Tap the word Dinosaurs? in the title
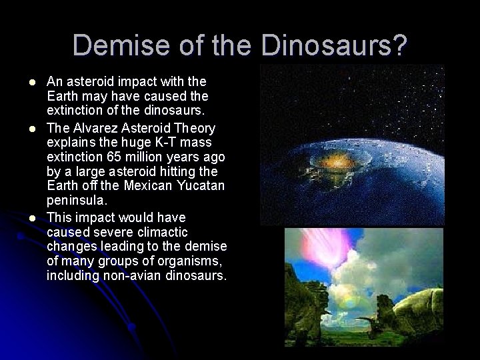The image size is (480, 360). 334,45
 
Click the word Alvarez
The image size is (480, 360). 98,127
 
